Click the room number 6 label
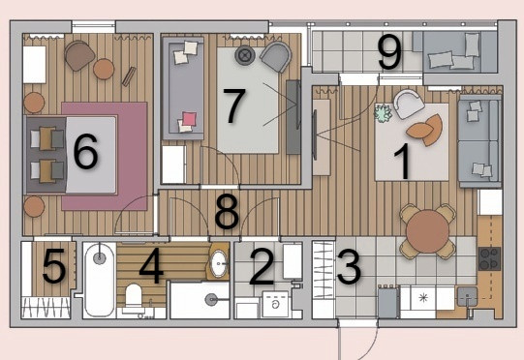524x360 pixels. tap(85, 151)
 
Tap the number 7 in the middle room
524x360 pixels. tap(234, 105)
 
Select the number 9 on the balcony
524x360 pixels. tap(389, 52)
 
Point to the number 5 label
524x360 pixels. tap(54, 266)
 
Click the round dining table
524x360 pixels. tap(428, 231)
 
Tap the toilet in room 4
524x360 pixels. tap(134, 297)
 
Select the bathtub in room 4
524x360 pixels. tap(99, 280)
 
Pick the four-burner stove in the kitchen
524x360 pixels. tap(489, 258)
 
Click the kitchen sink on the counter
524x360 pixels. tap(467, 296)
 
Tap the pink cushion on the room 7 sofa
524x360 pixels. tap(190, 119)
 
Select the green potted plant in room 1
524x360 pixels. tap(383, 113)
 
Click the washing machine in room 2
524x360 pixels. tap(275, 304)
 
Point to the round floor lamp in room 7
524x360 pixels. tap(245, 55)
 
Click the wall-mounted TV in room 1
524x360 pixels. tap(314, 135)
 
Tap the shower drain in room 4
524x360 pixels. tap(210, 300)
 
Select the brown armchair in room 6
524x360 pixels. tap(79, 55)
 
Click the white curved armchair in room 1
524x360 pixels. tap(409, 104)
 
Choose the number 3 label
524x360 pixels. tap(349, 267)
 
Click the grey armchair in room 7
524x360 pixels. tap(277, 56)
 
